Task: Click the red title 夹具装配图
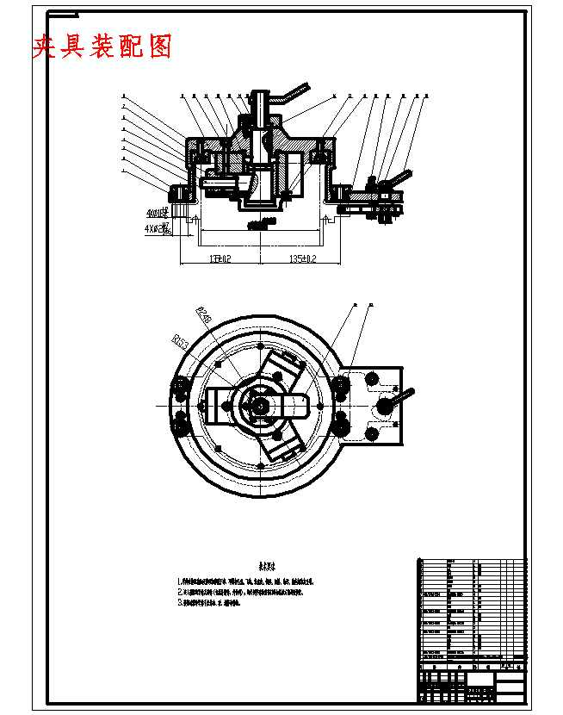[102, 47]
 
